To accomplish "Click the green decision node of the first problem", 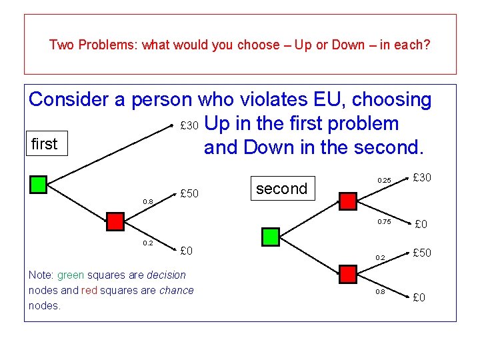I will [x=39, y=185].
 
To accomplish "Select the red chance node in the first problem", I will [x=116, y=221].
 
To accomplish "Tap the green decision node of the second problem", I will [x=270, y=236].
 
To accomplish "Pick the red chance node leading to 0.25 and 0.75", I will [x=347, y=200].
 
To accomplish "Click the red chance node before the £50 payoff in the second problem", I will [x=347, y=274].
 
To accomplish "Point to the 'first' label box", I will [x=46, y=143].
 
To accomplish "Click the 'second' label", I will [x=281, y=189].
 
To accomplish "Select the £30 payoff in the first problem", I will [x=189, y=126].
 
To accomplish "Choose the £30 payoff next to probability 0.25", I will [x=423, y=177].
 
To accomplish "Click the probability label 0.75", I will [x=384, y=221].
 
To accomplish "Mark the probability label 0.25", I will [x=384, y=181].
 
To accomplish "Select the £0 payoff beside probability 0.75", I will [x=421, y=225].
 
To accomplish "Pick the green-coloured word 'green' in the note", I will [x=70, y=275].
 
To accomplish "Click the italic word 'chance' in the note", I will [x=177, y=290].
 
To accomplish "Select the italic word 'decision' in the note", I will [x=166, y=275].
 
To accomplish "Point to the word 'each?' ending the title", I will [x=414, y=45].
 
